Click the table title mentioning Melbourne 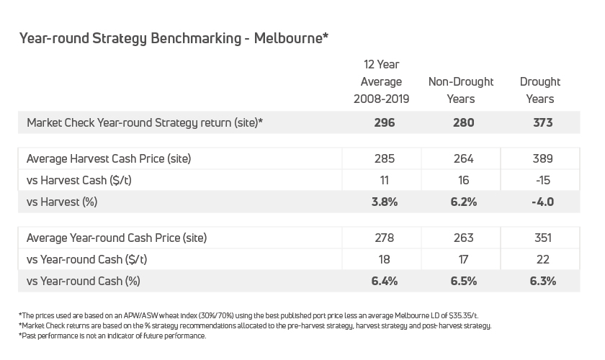pos(174,38)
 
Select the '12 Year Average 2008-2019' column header pos(381,82)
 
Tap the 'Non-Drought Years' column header pos(461,90)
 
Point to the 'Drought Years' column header pos(540,90)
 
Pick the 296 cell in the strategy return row pos(385,122)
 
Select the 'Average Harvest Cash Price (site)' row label pos(109,158)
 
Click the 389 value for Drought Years pos(543,158)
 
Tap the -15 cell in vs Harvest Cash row pos(543,180)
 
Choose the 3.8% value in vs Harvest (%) pos(385,202)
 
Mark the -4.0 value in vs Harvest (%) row pos(543,202)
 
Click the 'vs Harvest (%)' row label pos(62,202)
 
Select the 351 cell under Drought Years pos(543,238)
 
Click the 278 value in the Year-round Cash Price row pos(385,238)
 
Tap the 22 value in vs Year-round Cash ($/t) pos(543,259)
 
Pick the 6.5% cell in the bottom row pos(463,281)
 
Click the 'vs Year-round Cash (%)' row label pos(84,281)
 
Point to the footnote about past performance pos(112,336)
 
